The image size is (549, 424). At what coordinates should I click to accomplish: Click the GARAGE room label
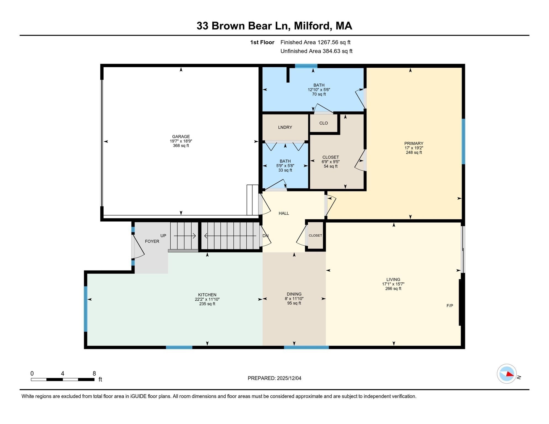click(181, 136)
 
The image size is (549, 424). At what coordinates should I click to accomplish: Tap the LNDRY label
click(285, 127)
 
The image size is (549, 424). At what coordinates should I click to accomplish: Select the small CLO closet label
click(323, 123)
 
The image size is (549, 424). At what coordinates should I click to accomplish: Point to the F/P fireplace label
click(450, 306)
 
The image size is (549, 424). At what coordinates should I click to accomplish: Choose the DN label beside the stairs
click(265, 236)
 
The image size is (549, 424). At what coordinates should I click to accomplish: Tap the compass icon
click(506, 374)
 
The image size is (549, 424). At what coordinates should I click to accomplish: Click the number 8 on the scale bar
click(94, 373)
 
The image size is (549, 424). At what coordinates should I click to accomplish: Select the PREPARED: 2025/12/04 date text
click(274, 378)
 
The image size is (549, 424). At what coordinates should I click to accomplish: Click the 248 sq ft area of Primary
click(414, 152)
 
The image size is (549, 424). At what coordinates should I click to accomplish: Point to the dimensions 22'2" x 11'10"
click(207, 299)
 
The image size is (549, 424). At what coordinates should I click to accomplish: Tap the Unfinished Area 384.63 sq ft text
click(316, 51)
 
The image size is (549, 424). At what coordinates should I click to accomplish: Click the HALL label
click(284, 213)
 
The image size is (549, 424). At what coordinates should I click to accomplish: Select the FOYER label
click(152, 241)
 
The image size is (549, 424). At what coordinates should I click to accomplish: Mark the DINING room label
click(294, 294)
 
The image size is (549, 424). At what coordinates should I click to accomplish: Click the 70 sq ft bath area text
click(319, 94)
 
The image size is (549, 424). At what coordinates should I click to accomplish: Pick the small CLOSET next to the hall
click(315, 235)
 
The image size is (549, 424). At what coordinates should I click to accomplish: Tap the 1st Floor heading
click(262, 42)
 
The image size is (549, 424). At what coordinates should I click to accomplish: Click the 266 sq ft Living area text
click(393, 288)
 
